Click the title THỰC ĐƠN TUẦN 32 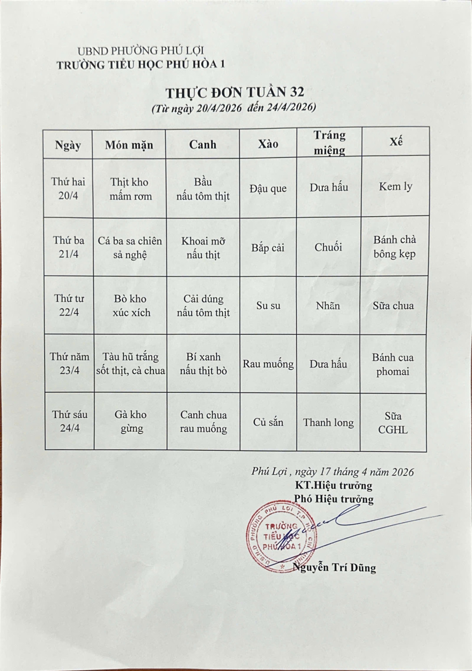235,93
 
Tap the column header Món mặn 129,145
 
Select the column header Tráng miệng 329,143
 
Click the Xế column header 396,142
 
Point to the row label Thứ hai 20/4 68,188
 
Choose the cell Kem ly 395,187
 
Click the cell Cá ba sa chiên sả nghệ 130,247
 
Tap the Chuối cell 328,247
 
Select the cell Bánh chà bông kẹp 394,246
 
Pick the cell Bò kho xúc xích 131,306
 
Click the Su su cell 268,306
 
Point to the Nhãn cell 328,306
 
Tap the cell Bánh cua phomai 392,364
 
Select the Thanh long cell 328,422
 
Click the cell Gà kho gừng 131,421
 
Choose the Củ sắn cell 268,422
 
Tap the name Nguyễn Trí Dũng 334,567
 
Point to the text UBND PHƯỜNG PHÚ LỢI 140,51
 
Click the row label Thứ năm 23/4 69,363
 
